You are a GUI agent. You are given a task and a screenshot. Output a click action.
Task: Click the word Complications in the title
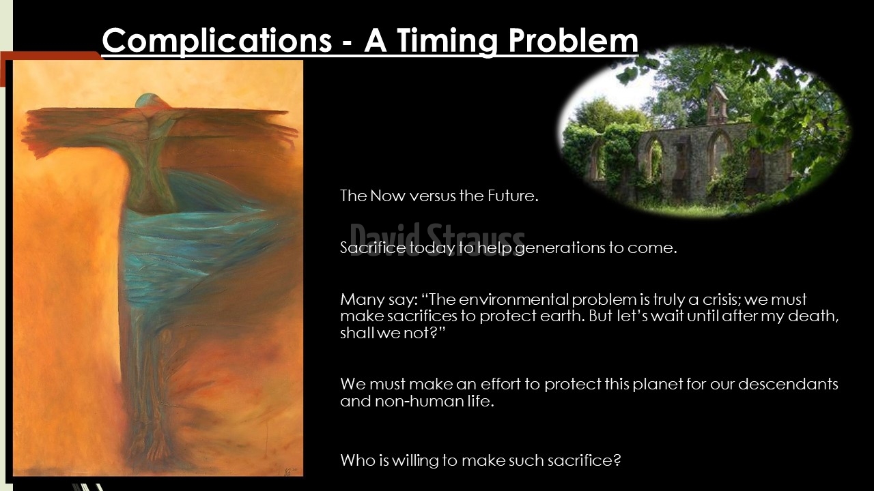[x=217, y=42]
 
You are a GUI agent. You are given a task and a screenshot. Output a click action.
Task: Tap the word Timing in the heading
[x=447, y=42]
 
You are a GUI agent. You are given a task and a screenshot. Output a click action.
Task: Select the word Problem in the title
[x=573, y=40]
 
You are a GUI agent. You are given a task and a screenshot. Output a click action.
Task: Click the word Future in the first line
[x=512, y=196]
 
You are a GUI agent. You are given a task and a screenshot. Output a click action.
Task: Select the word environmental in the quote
[x=514, y=299]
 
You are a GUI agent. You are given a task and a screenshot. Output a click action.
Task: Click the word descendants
[x=788, y=384]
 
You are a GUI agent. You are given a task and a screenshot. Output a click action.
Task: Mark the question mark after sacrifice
[x=617, y=460]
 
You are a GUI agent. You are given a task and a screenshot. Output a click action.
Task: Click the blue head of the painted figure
[x=147, y=101]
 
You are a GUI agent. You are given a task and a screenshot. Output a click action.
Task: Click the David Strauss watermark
[x=438, y=239]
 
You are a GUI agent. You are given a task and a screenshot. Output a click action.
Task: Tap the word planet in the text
[x=658, y=385]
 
